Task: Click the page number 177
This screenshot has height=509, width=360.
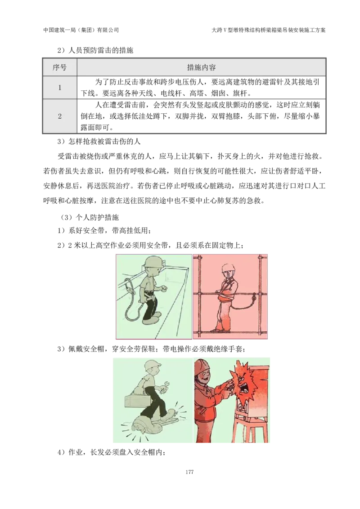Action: [190, 472]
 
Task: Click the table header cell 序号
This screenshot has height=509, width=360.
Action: [59, 67]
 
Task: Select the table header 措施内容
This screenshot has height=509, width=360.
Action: [202, 67]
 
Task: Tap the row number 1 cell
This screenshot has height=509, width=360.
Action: [59, 88]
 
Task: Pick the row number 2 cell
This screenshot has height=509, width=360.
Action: [59, 116]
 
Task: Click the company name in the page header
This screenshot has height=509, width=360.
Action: [81, 30]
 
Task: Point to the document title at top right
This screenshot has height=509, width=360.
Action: [269, 30]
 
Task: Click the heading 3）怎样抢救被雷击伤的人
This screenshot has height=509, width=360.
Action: [99, 142]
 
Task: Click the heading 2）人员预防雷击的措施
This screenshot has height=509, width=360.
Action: [95, 50]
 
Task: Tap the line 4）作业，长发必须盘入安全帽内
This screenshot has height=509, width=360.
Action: [112, 452]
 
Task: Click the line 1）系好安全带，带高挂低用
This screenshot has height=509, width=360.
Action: [104, 231]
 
